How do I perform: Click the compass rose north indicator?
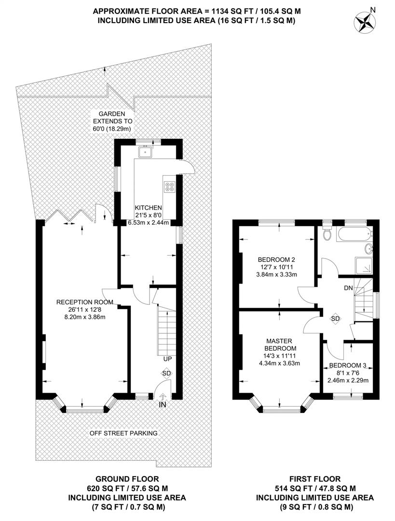364,21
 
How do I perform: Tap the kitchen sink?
146,151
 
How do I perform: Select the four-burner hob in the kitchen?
169,186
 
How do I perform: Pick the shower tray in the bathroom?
364,265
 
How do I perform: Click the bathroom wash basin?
369,248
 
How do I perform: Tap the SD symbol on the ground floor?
166,373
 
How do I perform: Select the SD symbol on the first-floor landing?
336,319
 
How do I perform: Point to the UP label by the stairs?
167,359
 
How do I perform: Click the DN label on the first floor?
348,288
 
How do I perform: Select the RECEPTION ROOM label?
85,302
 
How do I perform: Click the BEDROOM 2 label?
276,260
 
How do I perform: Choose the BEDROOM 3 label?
347,366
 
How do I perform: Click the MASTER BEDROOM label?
279,344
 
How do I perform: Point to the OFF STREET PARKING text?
123,433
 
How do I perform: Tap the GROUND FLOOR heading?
127,479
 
